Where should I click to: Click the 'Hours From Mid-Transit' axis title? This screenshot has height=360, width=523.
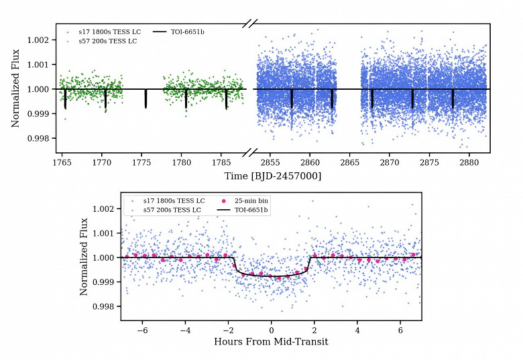pyautogui.click(x=271, y=342)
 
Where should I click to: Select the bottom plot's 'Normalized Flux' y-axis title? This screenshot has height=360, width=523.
pyautogui.click(x=84, y=257)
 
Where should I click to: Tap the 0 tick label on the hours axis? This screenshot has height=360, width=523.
pyautogui.click(x=272, y=331)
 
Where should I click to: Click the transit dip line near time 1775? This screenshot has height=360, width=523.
pyautogui.click(x=146, y=99)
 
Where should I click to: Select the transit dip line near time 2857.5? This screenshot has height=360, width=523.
pyautogui.click(x=292, y=99)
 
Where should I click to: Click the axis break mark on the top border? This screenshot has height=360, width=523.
pyautogui.click(x=250, y=24)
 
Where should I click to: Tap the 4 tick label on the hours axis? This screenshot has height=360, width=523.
pyautogui.click(x=357, y=331)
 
